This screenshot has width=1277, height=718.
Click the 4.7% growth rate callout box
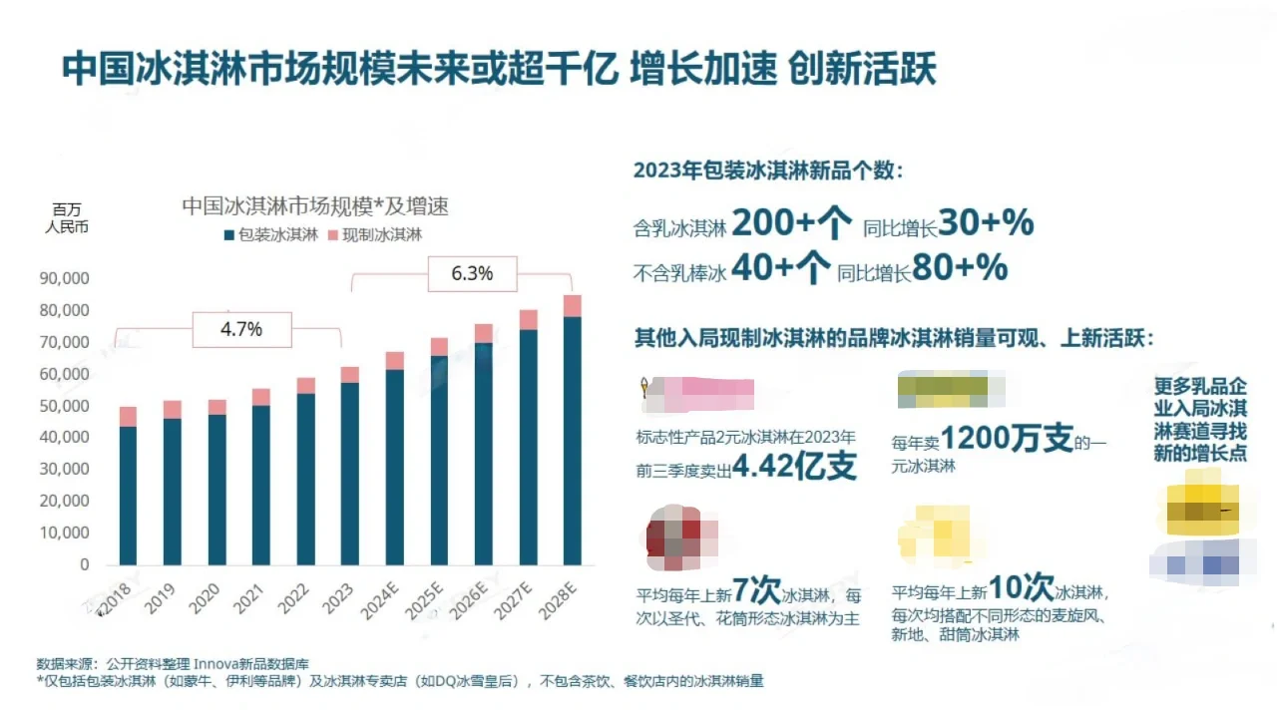tap(241, 329)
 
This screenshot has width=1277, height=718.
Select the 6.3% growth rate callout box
tap(472, 273)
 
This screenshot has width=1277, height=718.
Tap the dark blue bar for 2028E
tap(573, 440)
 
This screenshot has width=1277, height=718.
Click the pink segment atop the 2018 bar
tap(128, 416)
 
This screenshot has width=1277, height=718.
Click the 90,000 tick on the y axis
tap(64, 278)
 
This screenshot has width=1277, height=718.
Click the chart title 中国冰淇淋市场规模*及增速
tap(315, 206)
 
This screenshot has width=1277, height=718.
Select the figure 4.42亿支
tap(795, 467)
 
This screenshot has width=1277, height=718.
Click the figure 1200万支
tap(1007, 439)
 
